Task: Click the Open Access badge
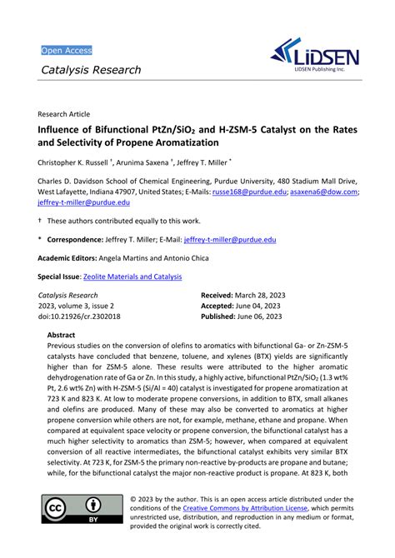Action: (x=67, y=50)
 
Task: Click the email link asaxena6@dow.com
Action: (x=324, y=191)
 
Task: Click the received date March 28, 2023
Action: (x=254, y=296)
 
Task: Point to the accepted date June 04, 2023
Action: (x=252, y=306)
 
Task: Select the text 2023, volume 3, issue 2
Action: (x=80, y=306)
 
